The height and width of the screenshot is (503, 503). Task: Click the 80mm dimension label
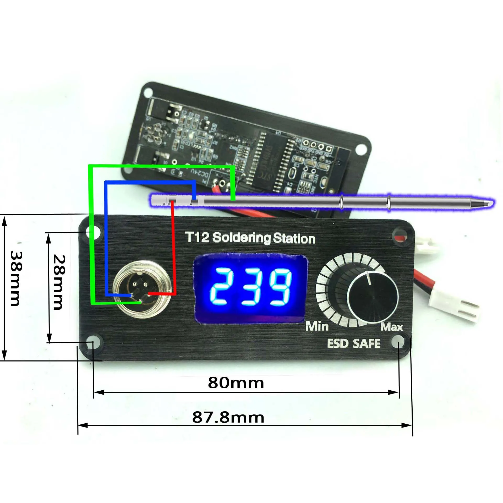tap(236, 383)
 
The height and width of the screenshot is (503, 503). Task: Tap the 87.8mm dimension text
tap(228, 418)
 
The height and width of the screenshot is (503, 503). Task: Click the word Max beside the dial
tap(391, 327)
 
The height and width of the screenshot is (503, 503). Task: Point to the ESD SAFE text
tap(354, 343)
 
